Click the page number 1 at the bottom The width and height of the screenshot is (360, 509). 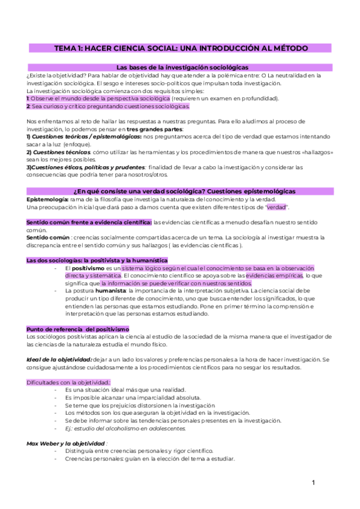[313, 483]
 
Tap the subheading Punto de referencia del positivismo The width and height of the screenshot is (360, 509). [77, 329]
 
